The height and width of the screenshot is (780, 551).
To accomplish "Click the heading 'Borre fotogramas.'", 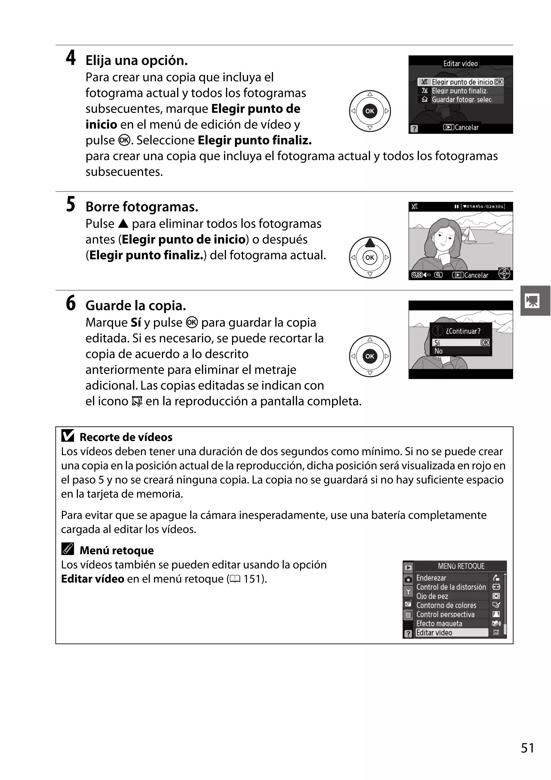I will (x=142, y=207).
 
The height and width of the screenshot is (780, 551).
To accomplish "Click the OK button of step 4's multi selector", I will (x=370, y=111).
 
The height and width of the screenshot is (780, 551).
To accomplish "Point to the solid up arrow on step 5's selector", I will (x=370, y=243).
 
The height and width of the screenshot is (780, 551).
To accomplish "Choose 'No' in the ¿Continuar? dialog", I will (x=439, y=351).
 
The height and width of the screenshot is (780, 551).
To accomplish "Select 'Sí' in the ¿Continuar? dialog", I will (x=437, y=343).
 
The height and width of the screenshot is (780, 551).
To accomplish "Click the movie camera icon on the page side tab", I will (x=532, y=301).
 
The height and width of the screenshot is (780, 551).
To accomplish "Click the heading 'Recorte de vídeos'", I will (x=126, y=437).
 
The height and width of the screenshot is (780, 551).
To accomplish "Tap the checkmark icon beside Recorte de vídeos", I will (x=68, y=436).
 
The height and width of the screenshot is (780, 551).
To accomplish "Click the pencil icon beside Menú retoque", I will (x=68, y=549).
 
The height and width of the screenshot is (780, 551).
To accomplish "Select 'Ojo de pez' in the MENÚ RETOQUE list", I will (x=432, y=596).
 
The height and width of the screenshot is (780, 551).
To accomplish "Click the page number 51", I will (x=527, y=748).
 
